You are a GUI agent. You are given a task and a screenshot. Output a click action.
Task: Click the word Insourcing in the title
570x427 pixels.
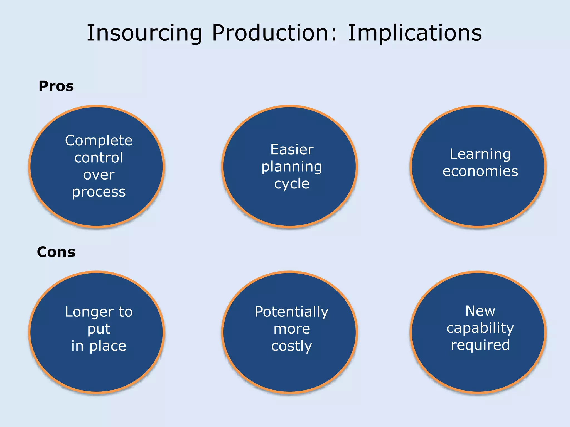(x=144, y=33)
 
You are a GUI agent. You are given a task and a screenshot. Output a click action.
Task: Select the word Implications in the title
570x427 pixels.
(x=415, y=33)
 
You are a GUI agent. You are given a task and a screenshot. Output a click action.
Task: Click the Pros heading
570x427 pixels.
(x=56, y=86)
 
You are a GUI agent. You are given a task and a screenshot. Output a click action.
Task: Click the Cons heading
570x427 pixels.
(x=56, y=252)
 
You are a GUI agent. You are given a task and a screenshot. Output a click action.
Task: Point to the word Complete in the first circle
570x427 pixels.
(x=99, y=140)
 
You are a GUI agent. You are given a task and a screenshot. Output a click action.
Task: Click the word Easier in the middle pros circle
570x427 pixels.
(x=292, y=150)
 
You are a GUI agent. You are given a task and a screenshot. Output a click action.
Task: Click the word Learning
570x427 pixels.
(x=480, y=155)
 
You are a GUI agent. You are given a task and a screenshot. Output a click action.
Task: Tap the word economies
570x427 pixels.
(x=480, y=171)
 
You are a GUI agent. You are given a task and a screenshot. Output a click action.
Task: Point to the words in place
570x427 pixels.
(x=99, y=346)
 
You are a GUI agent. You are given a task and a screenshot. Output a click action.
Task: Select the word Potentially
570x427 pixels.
(x=292, y=312)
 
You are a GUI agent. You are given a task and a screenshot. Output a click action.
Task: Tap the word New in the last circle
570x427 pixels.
(x=480, y=311)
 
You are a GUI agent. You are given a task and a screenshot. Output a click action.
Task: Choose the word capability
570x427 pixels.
(x=480, y=328)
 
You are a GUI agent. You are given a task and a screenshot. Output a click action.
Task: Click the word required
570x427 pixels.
(x=480, y=345)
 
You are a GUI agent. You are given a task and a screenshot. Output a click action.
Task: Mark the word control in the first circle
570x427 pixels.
(x=99, y=158)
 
